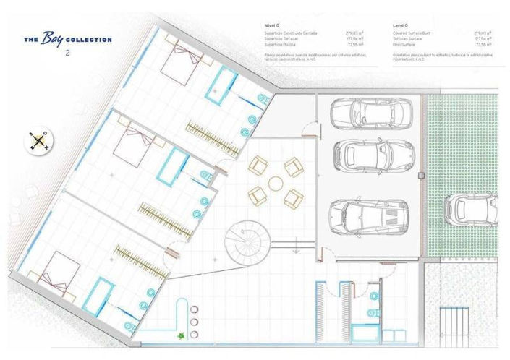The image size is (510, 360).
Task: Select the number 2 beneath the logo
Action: coord(67,53)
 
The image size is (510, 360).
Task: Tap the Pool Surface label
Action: coord(405,44)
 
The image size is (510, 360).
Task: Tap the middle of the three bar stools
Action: coord(194,320)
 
